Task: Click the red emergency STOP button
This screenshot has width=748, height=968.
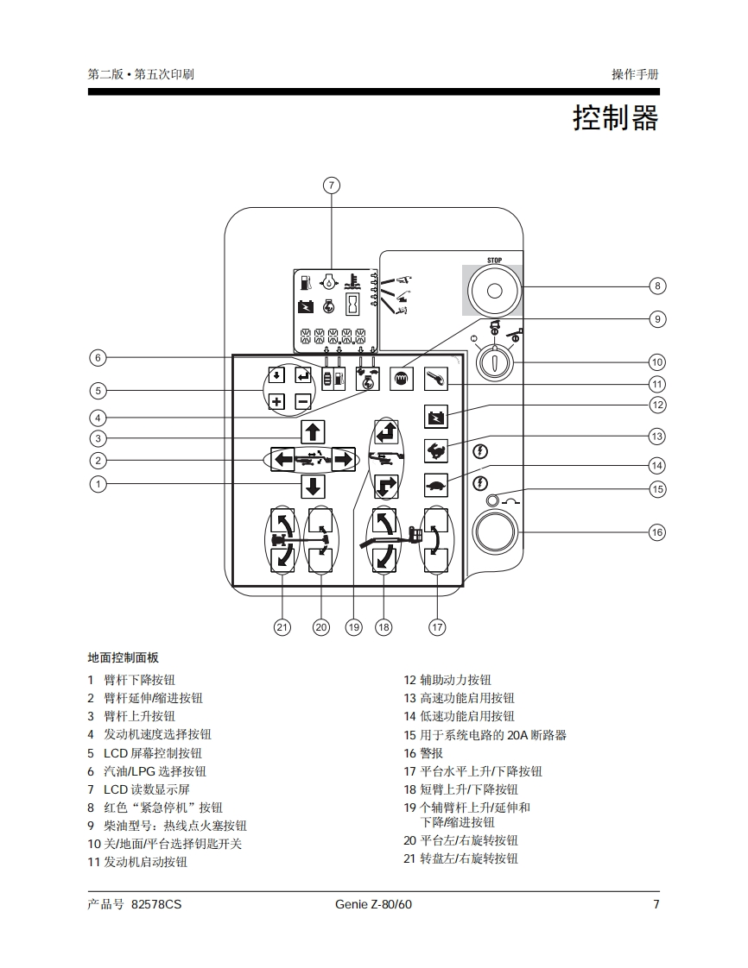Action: click(494, 289)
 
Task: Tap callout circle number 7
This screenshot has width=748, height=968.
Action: click(332, 185)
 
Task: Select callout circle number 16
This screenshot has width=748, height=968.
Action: click(657, 532)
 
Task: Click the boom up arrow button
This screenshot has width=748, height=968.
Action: click(313, 432)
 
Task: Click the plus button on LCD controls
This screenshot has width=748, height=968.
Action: click(276, 401)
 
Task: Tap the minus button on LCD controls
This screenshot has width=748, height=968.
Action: click(302, 401)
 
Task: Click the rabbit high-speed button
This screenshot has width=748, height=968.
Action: click(437, 449)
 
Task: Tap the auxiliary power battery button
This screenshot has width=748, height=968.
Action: click(437, 418)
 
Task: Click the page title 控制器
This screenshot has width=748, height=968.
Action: click(615, 118)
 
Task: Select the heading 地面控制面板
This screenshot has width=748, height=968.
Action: click(124, 657)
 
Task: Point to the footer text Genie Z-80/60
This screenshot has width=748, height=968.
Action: click(373, 904)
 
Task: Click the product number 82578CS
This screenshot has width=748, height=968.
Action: click(156, 904)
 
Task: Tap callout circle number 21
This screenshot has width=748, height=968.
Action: click(282, 627)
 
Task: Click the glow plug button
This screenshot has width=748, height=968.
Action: click(402, 379)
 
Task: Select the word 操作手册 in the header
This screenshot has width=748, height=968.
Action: click(635, 74)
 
